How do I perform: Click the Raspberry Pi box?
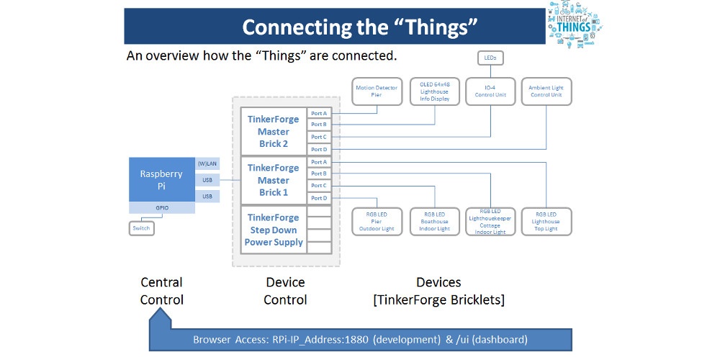click(x=161, y=179)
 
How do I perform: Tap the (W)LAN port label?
click(x=207, y=163)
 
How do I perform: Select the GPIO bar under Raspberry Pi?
click(x=161, y=207)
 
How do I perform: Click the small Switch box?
click(x=141, y=228)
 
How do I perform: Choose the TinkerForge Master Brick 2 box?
click(x=273, y=132)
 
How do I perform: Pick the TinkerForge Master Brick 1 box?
click(x=273, y=180)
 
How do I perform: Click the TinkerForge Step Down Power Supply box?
click(x=273, y=230)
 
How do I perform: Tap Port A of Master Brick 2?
click(x=319, y=113)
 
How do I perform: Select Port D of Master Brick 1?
click(x=319, y=198)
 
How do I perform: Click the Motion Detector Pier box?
click(x=377, y=91)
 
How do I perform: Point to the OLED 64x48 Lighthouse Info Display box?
click(x=434, y=91)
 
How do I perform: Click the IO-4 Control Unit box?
click(x=490, y=91)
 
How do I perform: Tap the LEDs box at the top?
click(x=490, y=58)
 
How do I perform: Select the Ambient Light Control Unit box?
click(x=546, y=91)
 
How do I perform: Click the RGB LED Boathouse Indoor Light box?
click(x=434, y=222)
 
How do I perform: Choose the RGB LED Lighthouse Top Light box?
click(x=546, y=222)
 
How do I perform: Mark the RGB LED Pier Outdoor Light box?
click(x=377, y=222)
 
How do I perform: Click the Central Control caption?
click(x=161, y=291)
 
